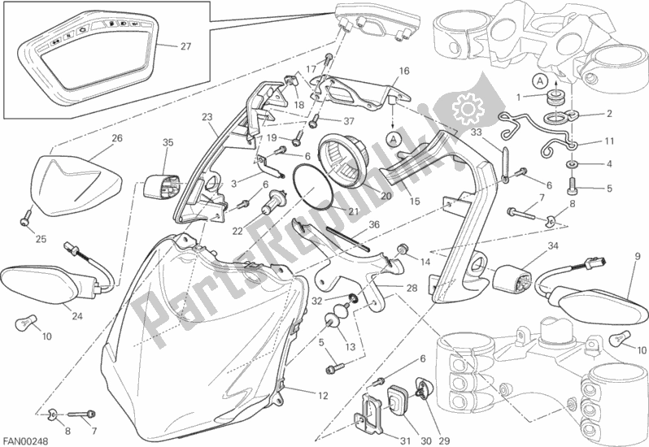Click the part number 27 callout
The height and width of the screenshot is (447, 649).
(186, 46)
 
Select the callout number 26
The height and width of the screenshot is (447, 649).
(117, 138)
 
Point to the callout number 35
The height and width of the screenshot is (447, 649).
(168, 143)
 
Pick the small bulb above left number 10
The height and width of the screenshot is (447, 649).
(24, 320)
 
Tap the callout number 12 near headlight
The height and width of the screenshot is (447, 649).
(323, 396)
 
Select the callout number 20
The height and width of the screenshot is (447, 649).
(385, 196)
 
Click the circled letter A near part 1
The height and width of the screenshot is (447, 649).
(540, 82)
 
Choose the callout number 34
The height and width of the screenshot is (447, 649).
(553, 246)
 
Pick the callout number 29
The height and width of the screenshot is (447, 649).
(444, 441)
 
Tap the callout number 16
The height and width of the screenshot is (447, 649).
(404, 71)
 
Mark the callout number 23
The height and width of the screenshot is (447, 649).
(207, 117)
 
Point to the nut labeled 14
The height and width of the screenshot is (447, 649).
(403, 249)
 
